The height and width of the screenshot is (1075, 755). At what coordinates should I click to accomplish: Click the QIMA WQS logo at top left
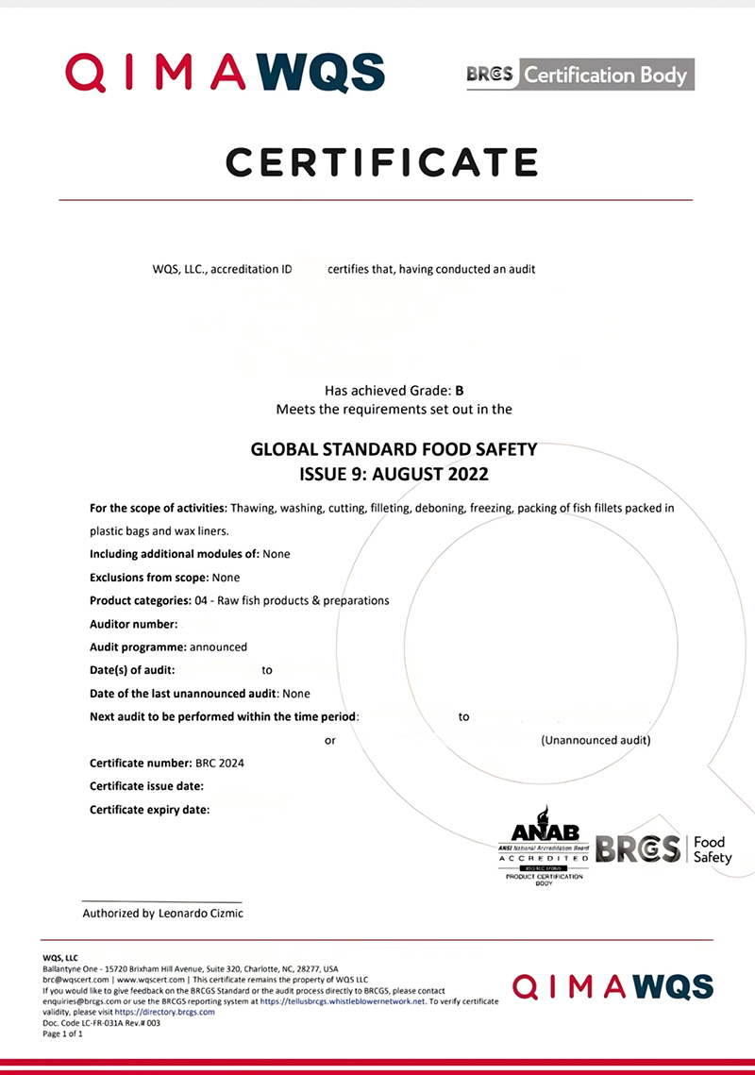pos(225,73)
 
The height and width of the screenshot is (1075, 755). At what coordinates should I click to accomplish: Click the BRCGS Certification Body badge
pos(580,75)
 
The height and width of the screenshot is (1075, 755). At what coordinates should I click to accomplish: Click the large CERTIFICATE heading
pos(381,162)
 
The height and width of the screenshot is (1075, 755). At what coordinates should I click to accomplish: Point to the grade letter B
pos(460,390)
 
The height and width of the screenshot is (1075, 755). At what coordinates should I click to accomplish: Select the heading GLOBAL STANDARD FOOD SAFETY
pos(394,450)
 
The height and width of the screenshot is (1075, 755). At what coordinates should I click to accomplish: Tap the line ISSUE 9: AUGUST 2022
pos(394,474)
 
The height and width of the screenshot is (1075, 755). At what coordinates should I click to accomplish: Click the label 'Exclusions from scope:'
pos(149,578)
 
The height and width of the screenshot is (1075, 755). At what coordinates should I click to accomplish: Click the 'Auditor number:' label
pos(133,624)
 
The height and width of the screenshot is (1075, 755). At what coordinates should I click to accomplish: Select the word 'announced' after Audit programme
pos(218,647)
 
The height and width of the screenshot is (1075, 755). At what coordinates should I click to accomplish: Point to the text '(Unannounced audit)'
pos(596,740)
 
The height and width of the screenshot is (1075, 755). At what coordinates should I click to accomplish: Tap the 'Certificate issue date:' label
pos(147,786)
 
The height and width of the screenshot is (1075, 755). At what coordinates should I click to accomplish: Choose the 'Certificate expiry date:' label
pos(150,810)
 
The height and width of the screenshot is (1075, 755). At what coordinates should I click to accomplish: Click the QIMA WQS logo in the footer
pos(612,988)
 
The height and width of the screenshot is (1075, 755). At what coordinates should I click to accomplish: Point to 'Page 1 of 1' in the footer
pos(63,1033)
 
